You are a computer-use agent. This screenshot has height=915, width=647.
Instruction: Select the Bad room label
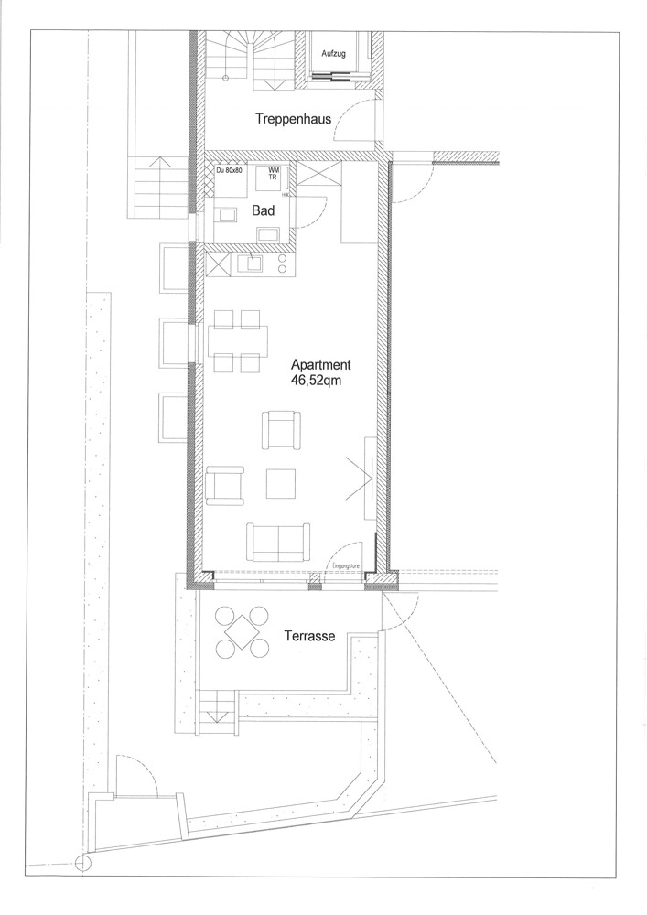(x=264, y=211)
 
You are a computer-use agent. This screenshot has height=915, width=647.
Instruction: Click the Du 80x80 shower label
(x=231, y=171)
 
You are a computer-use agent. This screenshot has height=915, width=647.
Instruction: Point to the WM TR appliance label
(x=274, y=174)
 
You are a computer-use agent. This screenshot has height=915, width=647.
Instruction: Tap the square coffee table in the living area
(x=281, y=483)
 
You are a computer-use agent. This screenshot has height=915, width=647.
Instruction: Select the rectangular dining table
(x=238, y=341)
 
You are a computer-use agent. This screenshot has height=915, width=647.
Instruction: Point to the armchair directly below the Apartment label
(x=281, y=429)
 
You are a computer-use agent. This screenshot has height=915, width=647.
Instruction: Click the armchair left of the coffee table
(x=225, y=485)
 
